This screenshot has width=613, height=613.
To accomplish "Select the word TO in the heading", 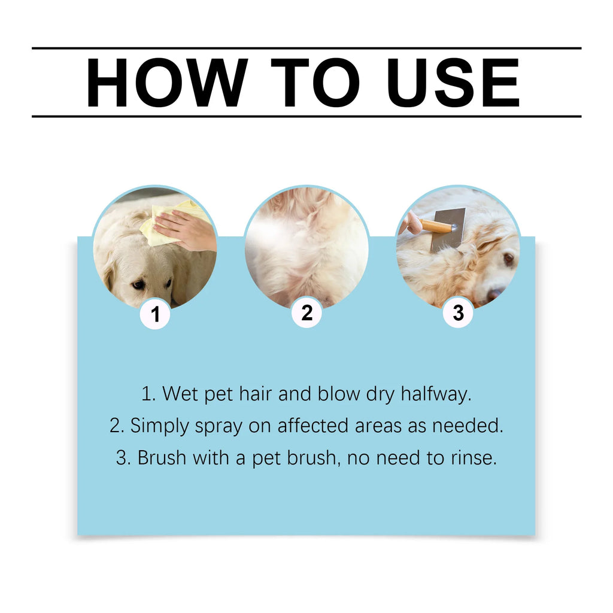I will click(314, 83).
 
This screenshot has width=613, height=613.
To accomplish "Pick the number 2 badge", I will click(306, 313).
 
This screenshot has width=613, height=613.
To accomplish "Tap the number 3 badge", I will click(458, 313).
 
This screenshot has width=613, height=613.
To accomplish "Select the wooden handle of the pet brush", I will click(436, 226).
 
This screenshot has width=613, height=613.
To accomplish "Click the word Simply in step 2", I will click(159, 426).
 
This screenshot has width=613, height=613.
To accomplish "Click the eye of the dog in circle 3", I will click(508, 259).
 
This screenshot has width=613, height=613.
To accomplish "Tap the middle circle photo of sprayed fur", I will click(306, 245).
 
